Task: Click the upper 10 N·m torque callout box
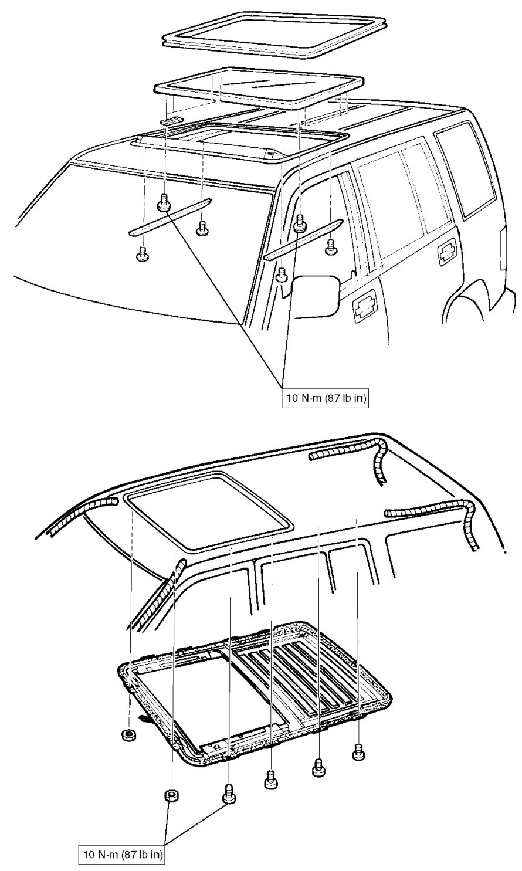pyautogui.click(x=327, y=399)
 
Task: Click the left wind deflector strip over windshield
pyautogui.click(x=170, y=218)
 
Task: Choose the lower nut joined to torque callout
pyautogui.click(x=171, y=795)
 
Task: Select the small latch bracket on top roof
pyautogui.click(x=171, y=121)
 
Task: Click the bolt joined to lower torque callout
pyautogui.click(x=229, y=796)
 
